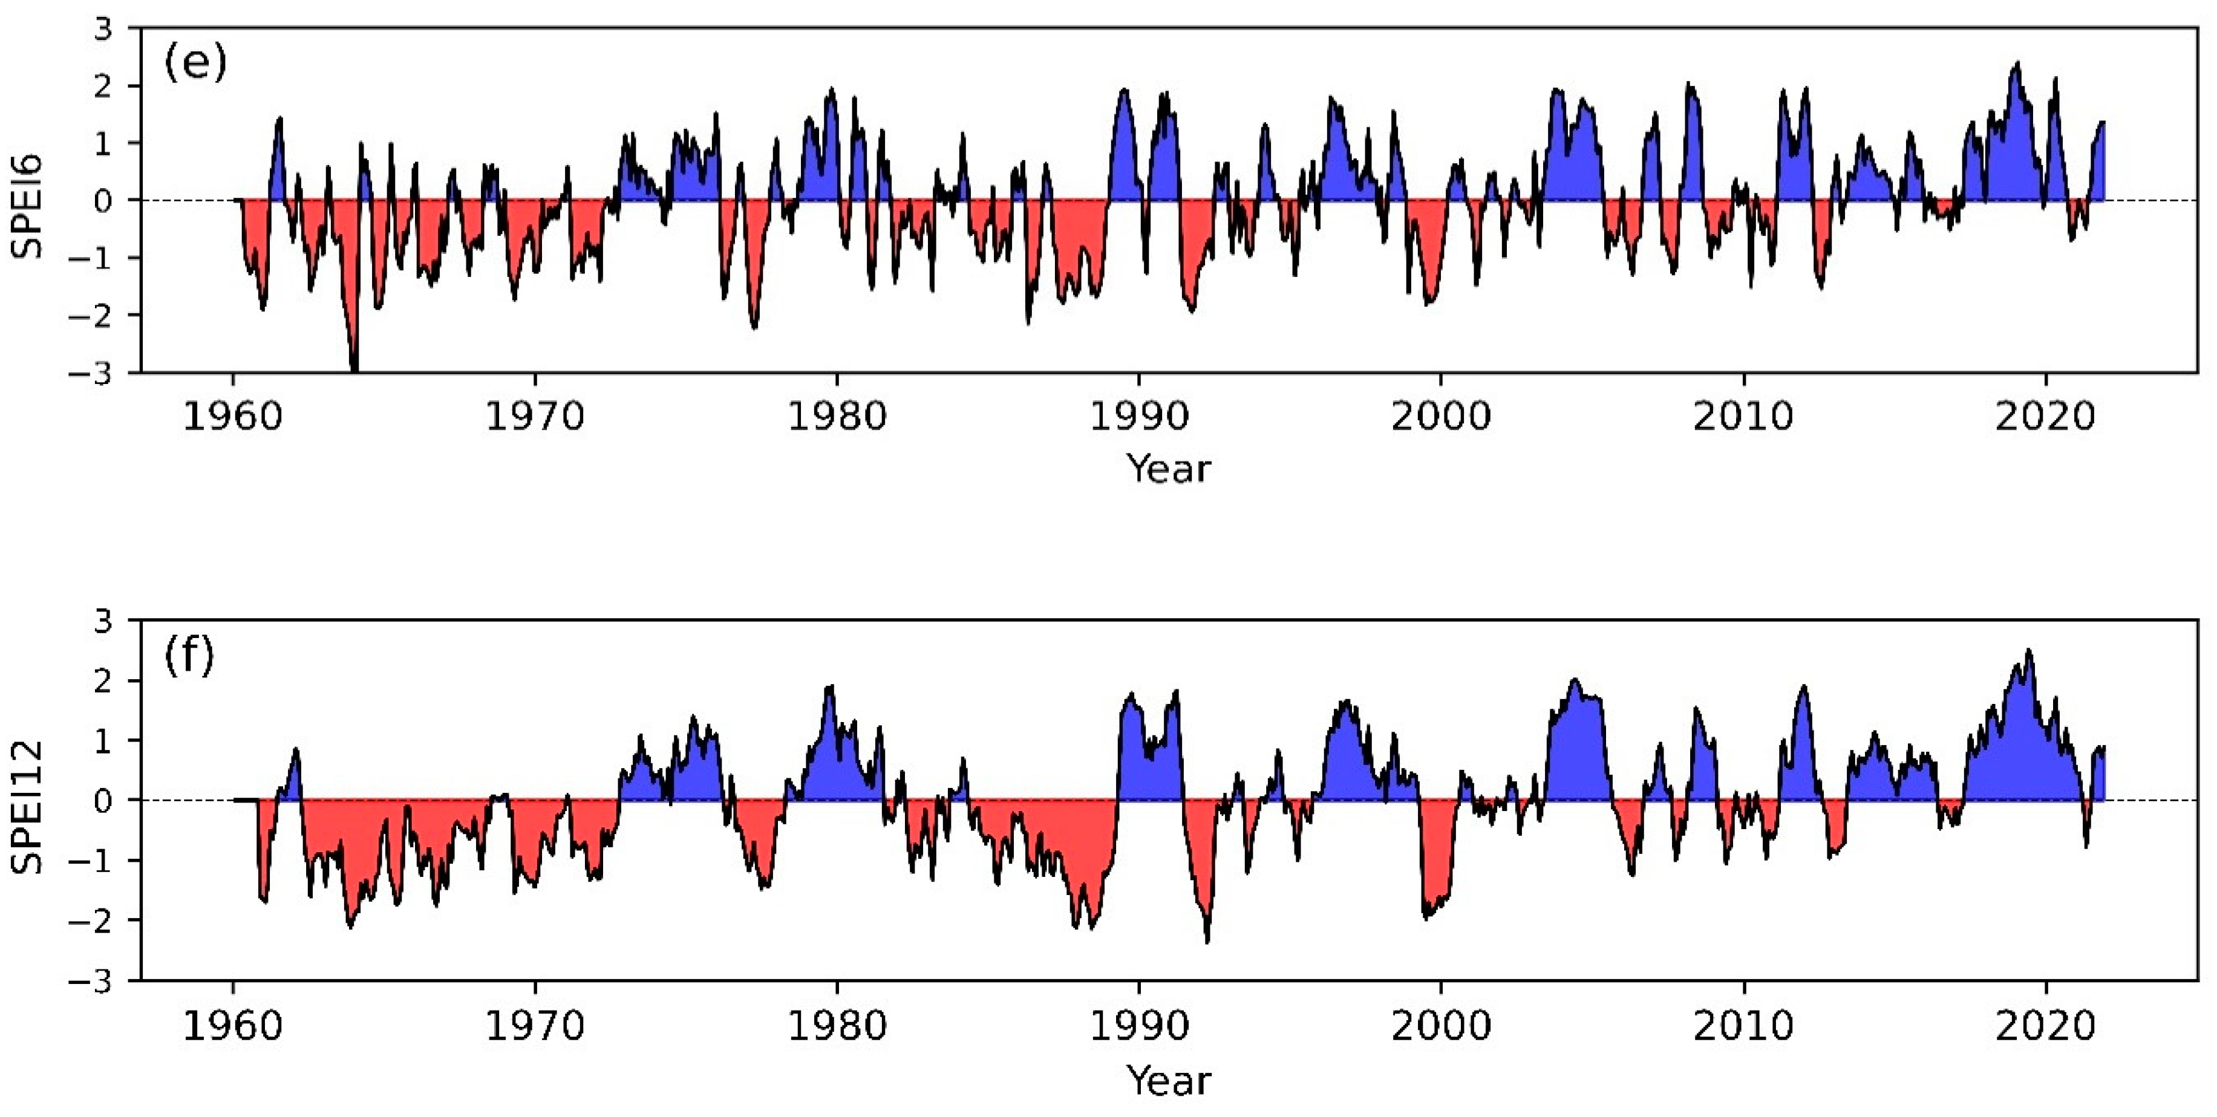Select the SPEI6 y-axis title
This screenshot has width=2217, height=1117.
pos(27,207)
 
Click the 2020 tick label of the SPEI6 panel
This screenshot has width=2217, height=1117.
pos(2045,417)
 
